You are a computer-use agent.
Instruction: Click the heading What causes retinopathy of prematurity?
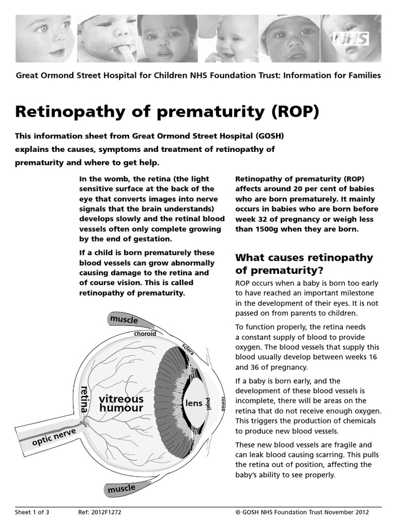(304, 263)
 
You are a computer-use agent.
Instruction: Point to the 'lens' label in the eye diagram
(193, 403)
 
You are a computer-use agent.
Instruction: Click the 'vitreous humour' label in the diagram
(121, 403)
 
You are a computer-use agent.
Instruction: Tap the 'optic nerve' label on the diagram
(54, 437)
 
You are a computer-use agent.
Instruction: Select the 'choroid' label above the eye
(145, 334)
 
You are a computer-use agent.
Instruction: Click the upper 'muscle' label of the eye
(124, 320)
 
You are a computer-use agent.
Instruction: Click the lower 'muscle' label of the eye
(121, 488)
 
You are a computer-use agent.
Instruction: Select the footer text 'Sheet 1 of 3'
(31, 512)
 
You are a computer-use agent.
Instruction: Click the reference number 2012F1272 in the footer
(107, 512)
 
